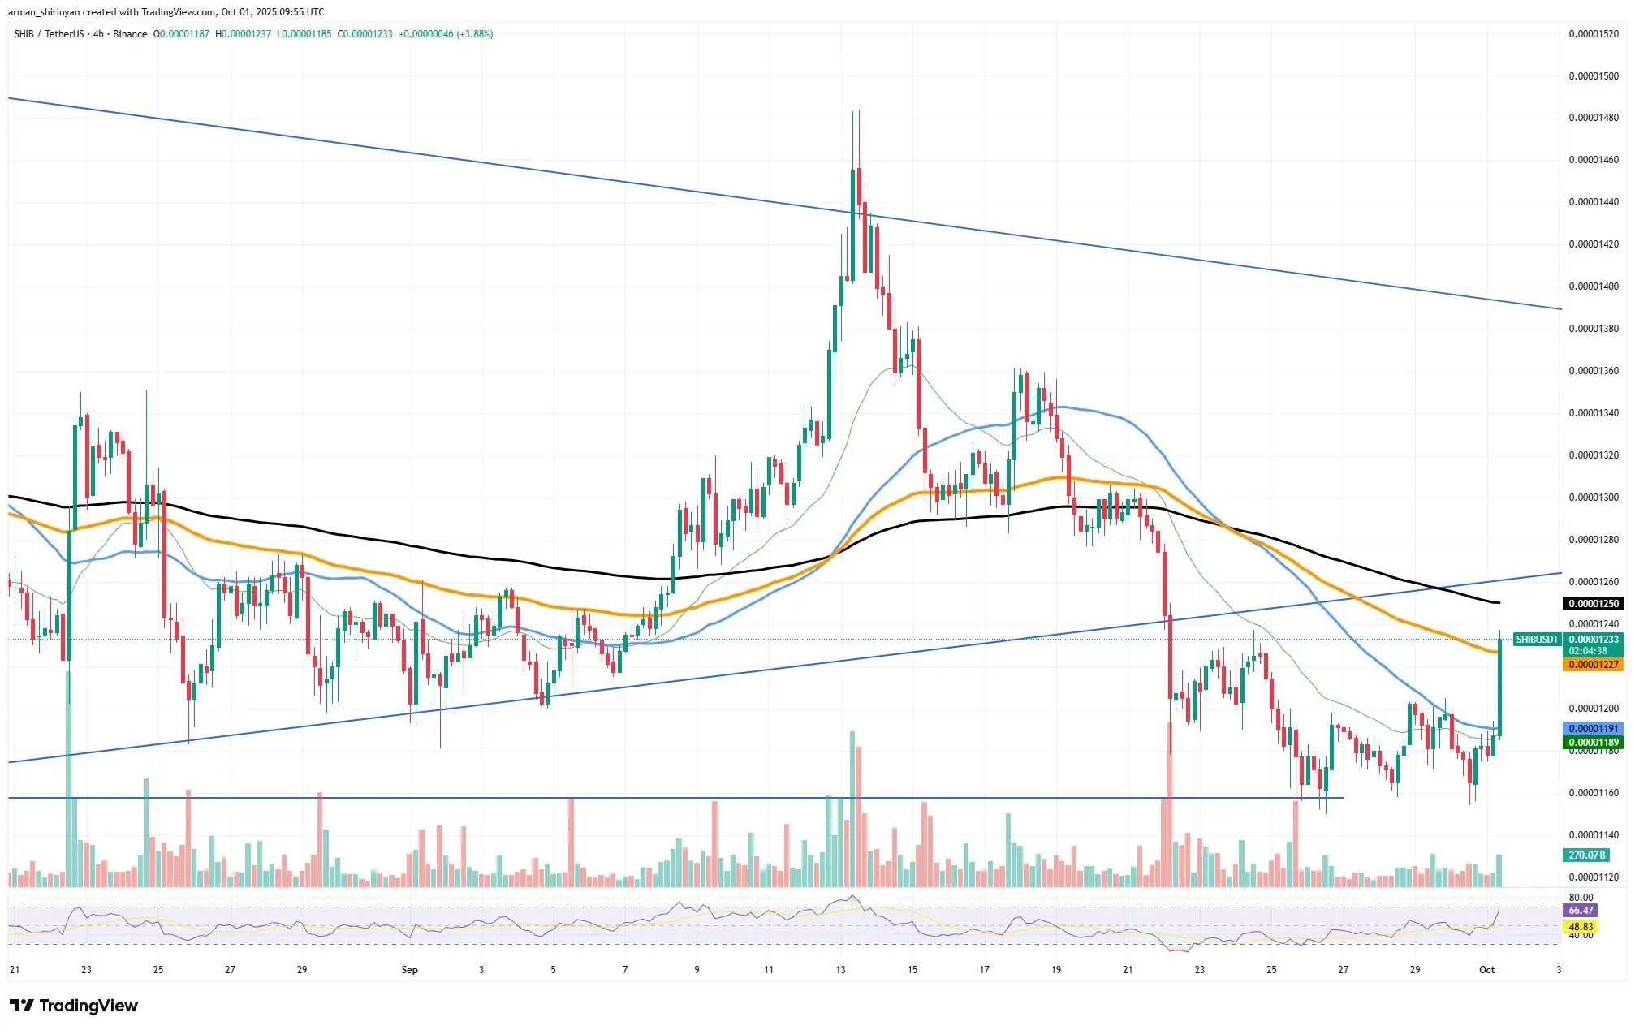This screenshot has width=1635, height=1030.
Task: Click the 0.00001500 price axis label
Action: (1593, 75)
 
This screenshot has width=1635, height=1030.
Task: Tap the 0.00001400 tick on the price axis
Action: (1593, 287)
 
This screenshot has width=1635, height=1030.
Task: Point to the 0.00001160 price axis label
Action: (1593, 793)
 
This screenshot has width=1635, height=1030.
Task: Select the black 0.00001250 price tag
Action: (1593, 604)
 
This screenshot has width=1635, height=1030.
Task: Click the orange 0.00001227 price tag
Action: (1593, 665)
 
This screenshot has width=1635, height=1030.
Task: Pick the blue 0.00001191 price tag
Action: (1593, 729)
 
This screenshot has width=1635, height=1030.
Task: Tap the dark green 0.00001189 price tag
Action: (1593, 743)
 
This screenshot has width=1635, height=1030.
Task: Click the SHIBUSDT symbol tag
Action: (1537, 640)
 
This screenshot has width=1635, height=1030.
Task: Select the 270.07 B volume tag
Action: (1586, 855)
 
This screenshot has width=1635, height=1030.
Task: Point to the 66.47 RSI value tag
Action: (1581, 911)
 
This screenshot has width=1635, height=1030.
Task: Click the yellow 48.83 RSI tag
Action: (1581, 926)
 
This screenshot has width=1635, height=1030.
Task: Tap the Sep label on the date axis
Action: (409, 970)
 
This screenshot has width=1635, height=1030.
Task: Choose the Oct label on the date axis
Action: (1486, 970)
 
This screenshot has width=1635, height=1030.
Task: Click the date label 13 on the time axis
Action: (840, 970)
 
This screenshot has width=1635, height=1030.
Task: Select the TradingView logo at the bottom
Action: (74, 1006)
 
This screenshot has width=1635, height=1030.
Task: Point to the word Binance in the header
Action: (130, 34)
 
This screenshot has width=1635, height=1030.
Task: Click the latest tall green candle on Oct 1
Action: (1499, 686)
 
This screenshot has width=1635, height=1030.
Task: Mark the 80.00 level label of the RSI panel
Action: (1581, 898)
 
